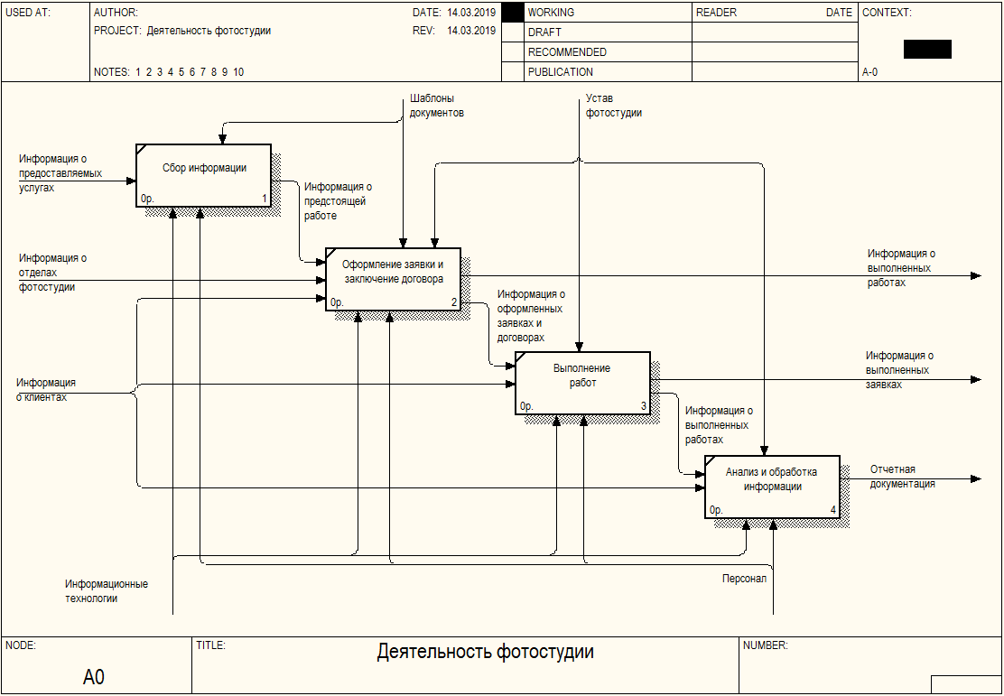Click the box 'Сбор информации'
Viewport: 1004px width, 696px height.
(x=204, y=175)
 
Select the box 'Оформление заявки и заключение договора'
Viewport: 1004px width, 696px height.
(x=393, y=279)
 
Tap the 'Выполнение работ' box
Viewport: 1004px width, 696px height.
(x=582, y=383)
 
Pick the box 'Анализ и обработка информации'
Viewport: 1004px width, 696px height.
(x=772, y=487)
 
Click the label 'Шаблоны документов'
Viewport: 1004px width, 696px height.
(x=437, y=106)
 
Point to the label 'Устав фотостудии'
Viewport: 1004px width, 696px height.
(x=614, y=106)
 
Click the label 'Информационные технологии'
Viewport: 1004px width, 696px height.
(x=106, y=591)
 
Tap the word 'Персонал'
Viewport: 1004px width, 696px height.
(x=744, y=579)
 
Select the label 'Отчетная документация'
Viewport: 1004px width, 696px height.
(x=902, y=477)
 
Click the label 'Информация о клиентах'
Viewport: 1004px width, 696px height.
(x=45, y=390)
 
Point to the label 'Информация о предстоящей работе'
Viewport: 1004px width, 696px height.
(x=338, y=201)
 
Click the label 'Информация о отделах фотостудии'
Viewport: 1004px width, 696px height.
(x=52, y=273)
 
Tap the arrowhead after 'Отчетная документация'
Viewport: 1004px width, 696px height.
(x=975, y=478)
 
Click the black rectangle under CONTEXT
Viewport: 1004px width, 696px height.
(x=927, y=50)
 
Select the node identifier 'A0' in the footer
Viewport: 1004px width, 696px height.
(x=94, y=676)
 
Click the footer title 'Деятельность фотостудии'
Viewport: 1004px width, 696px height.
(x=485, y=652)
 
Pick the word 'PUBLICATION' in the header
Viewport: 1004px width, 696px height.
(x=561, y=72)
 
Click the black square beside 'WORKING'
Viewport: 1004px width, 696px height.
(x=513, y=13)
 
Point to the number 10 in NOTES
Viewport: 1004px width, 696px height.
(x=238, y=72)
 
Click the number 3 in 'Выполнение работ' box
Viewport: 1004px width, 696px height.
(x=644, y=406)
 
